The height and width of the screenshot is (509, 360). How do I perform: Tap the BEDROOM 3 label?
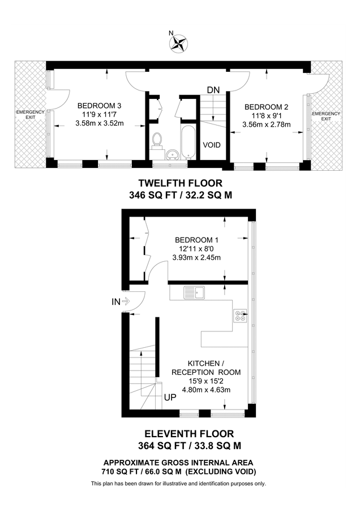pyautogui.click(x=100, y=106)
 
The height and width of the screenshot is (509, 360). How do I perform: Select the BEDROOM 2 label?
pyautogui.click(x=266, y=107)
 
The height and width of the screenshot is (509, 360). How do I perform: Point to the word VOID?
pyautogui.click(x=212, y=145)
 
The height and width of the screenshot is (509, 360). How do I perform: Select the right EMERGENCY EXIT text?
pyautogui.click(x=327, y=117)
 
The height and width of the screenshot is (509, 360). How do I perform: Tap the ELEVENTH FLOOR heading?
pyautogui.click(x=181, y=434)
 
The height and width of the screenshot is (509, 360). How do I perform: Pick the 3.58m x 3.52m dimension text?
pyautogui.click(x=100, y=124)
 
